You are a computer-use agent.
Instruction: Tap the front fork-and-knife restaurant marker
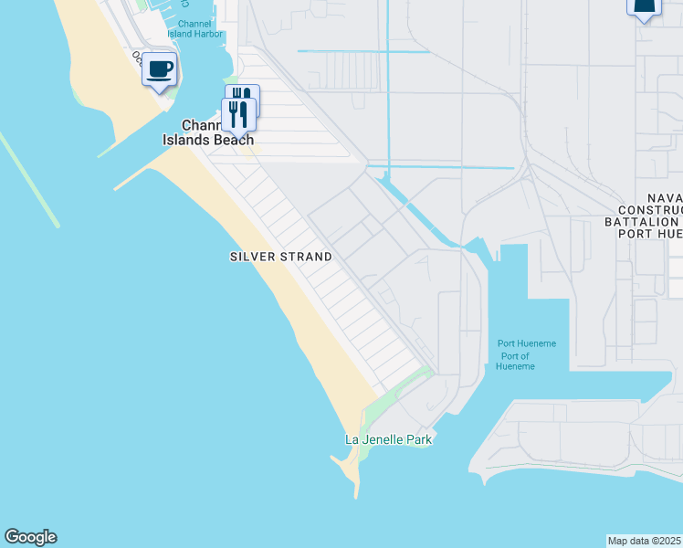[x=237, y=114]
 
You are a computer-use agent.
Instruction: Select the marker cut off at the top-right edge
[x=644, y=7]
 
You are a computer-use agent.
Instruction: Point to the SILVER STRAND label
[x=280, y=258]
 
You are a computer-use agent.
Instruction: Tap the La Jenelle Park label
[x=388, y=439]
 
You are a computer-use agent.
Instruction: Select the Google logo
[x=30, y=537]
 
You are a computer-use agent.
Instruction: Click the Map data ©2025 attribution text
[x=645, y=541]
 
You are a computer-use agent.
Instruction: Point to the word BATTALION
[x=642, y=222]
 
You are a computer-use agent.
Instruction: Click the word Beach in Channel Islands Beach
[x=234, y=140]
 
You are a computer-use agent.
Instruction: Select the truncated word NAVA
[x=664, y=198]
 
